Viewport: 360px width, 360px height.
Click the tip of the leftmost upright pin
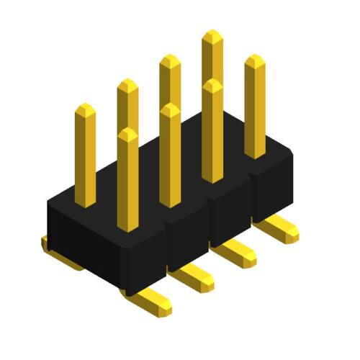[85, 110]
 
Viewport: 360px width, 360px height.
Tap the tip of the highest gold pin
[212, 37]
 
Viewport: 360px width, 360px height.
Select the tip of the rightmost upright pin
[255, 61]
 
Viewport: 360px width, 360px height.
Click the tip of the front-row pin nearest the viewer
[127, 135]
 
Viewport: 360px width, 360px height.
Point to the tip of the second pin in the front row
[170, 110]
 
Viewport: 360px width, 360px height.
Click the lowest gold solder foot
[153, 302]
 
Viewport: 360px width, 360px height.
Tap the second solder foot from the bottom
[194, 279]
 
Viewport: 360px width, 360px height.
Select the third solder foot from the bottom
[237, 254]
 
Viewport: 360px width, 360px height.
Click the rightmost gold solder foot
[279, 230]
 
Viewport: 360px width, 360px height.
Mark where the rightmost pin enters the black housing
[255, 155]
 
